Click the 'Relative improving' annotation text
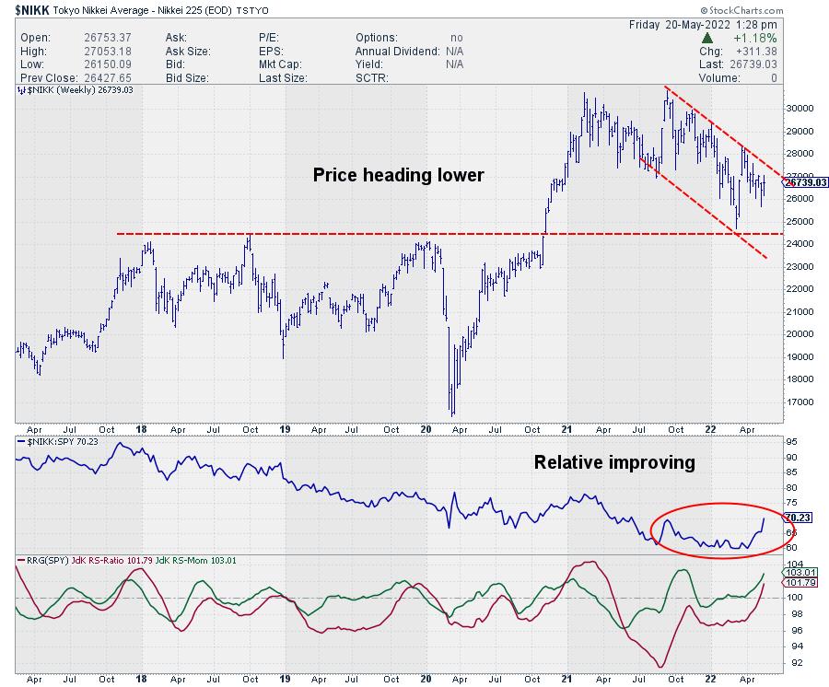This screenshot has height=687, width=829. (x=614, y=462)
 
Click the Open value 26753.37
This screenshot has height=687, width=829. (x=109, y=38)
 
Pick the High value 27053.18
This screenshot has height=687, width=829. (x=109, y=51)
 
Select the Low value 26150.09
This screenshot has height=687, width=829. (x=109, y=64)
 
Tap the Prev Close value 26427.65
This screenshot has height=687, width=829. (x=109, y=78)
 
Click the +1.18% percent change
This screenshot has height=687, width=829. (x=753, y=38)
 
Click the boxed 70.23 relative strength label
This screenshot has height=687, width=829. (x=798, y=518)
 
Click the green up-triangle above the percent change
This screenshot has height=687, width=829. (x=706, y=38)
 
